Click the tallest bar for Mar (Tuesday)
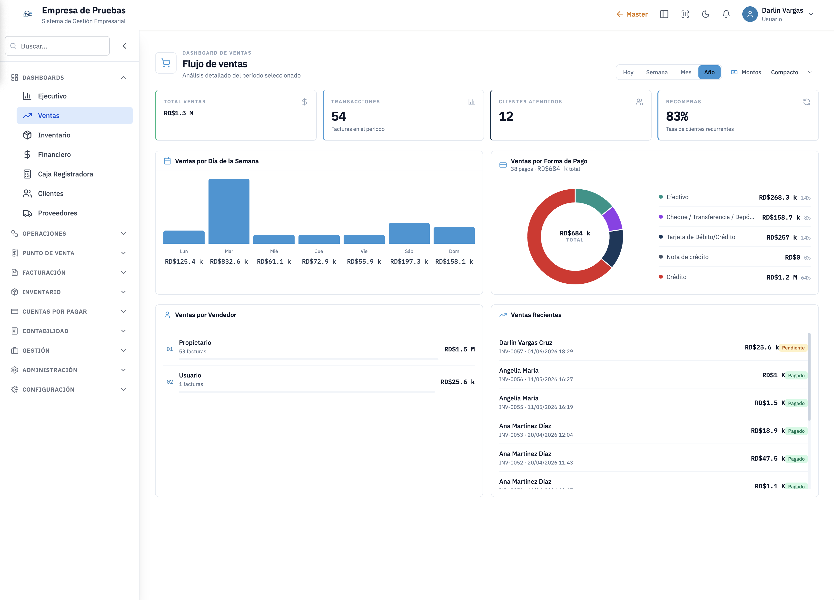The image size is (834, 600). tap(229, 211)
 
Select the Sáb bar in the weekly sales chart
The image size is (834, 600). tap(409, 233)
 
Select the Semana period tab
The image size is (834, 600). tap(657, 72)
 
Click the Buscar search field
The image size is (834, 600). tap(57, 46)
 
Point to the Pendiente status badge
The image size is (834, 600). tap(793, 348)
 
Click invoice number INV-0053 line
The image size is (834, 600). tap(536, 435)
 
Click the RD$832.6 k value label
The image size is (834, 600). tap(229, 261)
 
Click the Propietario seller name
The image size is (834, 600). tap(195, 342)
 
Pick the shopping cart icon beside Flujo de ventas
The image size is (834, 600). tap(166, 63)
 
